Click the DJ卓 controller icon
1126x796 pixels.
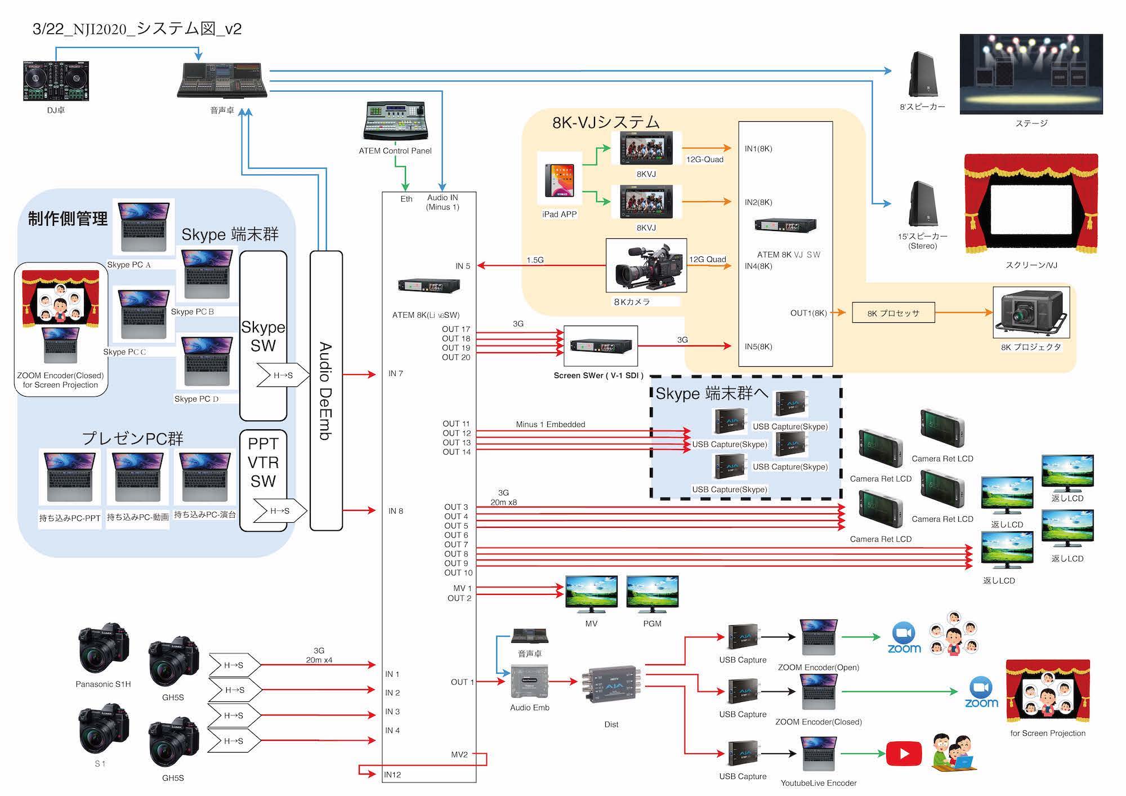(x=56, y=81)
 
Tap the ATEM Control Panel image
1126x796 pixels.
(x=395, y=121)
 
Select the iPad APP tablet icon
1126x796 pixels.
(x=560, y=180)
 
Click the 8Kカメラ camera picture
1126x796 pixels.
(x=646, y=265)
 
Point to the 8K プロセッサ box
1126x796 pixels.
(x=893, y=313)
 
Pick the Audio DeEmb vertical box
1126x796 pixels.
(x=326, y=390)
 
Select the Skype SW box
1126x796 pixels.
(x=263, y=336)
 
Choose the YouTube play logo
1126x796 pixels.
(x=904, y=754)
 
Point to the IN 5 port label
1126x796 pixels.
(x=463, y=266)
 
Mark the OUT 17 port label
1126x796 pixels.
(x=455, y=329)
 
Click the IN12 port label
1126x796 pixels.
(x=392, y=775)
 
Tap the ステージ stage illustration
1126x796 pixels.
(x=1031, y=74)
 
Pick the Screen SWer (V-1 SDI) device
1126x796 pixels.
(x=601, y=345)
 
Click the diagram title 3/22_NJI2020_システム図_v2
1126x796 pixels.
(x=137, y=29)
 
